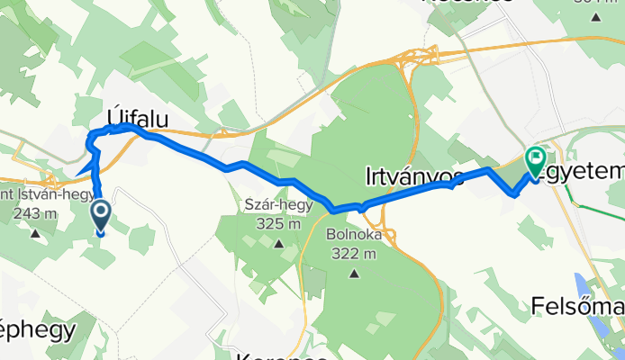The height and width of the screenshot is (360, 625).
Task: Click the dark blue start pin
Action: pos(99,215)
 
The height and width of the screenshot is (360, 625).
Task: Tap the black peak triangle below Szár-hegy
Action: pos(279,243)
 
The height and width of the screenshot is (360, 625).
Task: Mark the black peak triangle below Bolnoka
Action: pos(355,273)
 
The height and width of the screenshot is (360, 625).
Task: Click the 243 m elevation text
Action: pos(37,214)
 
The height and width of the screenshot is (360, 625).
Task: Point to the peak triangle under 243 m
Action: pos(36,234)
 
